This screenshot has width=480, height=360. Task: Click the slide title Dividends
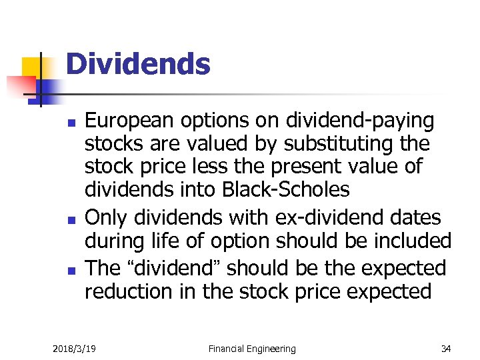(x=138, y=65)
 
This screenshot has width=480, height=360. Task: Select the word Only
(x=106, y=217)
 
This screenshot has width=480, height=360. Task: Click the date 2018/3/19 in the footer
(x=74, y=348)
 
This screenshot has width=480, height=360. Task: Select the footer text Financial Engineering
(x=251, y=348)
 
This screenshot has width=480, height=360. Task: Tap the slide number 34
(x=445, y=348)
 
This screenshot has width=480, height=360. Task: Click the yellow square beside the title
(x=33, y=68)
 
